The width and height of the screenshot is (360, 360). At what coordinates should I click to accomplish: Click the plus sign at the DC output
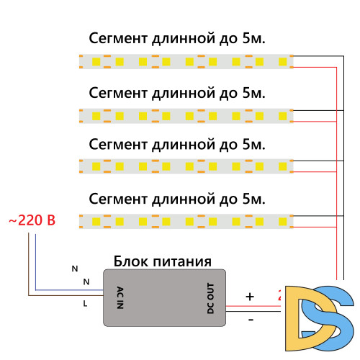250,296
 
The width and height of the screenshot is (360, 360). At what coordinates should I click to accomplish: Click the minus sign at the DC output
250,317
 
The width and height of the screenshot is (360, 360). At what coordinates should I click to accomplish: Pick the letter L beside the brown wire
85,304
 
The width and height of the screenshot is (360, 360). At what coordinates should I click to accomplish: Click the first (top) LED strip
185,63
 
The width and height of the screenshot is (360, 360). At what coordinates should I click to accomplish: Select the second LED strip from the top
185,114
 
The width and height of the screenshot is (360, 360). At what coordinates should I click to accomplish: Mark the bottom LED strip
185,220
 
